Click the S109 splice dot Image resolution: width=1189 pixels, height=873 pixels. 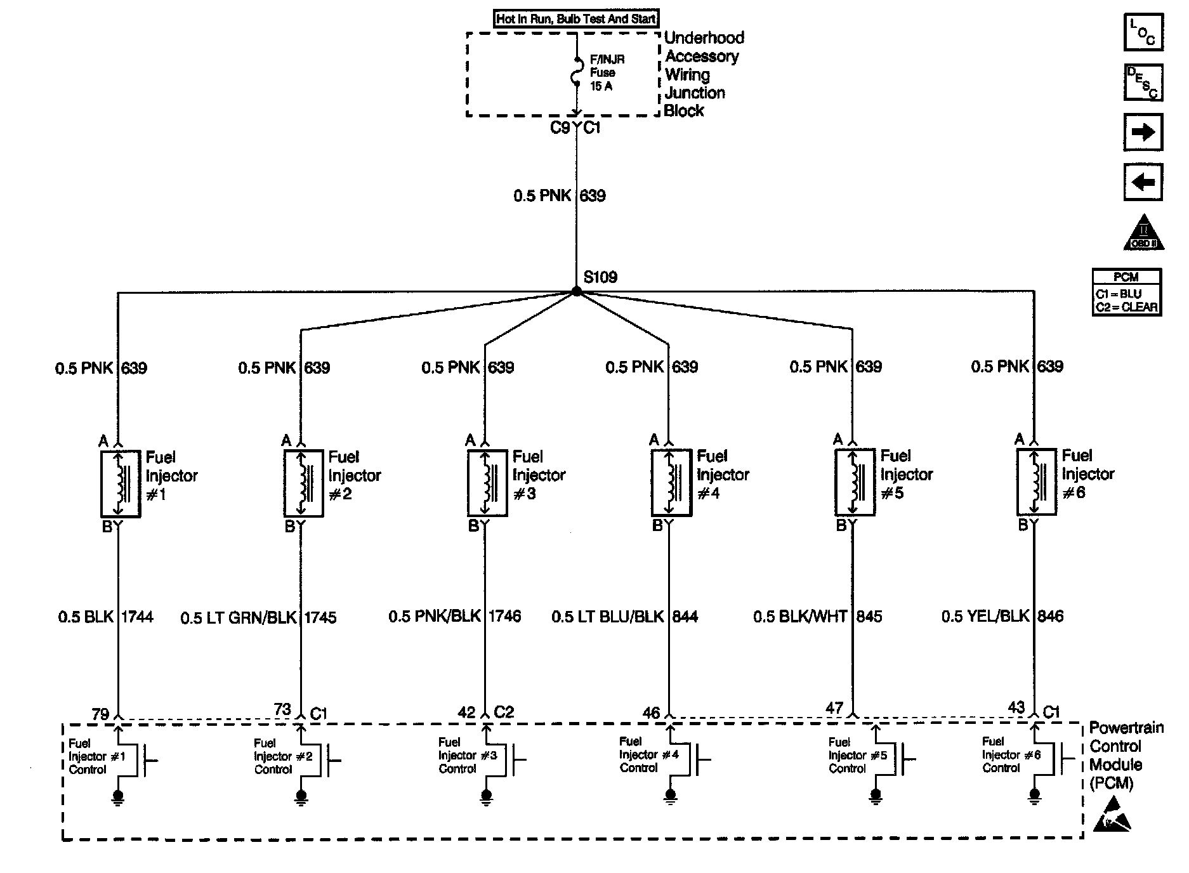coord(576,291)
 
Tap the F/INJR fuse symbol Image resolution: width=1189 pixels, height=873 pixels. coord(577,72)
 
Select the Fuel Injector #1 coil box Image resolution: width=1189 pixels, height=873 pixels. coord(120,483)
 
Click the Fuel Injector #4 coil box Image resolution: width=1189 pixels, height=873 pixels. coord(671,482)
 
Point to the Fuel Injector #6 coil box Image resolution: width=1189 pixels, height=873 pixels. coord(1036,482)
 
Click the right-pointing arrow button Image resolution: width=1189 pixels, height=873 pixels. coord(1143,132)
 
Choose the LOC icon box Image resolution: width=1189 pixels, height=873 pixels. coord(1143,32)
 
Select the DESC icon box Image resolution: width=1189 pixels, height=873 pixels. coord(1143,82)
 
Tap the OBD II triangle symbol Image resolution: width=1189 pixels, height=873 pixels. coord(1144,233)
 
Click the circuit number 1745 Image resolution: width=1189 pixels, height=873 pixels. coord(320,617)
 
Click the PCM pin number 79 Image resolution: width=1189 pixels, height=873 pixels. coord(100,714)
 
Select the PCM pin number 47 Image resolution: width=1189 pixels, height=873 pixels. coord(834,708)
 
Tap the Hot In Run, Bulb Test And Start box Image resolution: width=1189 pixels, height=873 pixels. coord(576,19)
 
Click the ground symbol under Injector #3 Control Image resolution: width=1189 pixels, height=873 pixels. coord(486,796)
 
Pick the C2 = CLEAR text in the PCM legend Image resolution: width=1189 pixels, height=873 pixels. coord(1126,308)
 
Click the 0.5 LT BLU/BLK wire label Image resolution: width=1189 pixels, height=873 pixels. coord(607,616)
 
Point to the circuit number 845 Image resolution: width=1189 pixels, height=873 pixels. coord(869,616)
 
